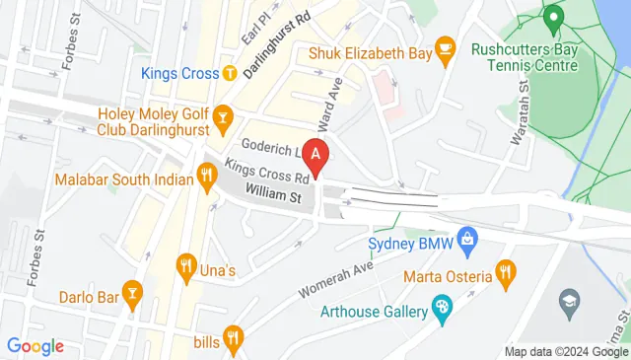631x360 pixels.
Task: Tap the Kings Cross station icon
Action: (x=229, y=73)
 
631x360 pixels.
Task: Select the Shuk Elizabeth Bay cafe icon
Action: (x=445, y=46)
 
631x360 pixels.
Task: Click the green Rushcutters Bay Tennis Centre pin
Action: (x=553, y=17)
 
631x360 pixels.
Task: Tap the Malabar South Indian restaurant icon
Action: (x=206, y=178)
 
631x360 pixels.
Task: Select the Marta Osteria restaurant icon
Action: (x=505, y=269)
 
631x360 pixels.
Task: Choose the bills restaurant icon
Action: (x=232, y=338)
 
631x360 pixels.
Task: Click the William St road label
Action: (x=273, y=197)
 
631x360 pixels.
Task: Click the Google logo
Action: (x=35, y=346)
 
